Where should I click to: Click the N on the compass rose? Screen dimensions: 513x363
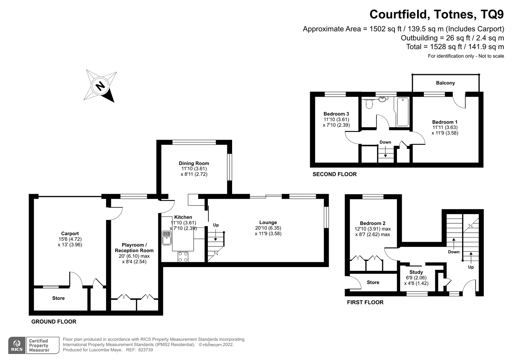coord(100,86)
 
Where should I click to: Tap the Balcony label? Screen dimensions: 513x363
coord(445,83)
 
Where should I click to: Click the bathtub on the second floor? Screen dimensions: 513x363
coord(403,112)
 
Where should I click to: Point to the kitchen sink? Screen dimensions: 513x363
coord(166,238)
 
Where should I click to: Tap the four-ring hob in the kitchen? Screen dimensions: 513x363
coord(183,256)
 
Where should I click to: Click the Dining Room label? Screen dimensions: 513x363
coord(194,163)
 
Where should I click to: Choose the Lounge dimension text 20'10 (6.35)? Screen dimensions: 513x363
coord(268,228)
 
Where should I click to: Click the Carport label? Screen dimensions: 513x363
coord(70,233)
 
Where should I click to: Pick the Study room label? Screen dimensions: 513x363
coord(416,272)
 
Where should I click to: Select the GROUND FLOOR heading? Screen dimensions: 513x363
coord(54,322)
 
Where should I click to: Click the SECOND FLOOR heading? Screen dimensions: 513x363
coord(335,174)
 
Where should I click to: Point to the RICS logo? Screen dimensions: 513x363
coord(17,345)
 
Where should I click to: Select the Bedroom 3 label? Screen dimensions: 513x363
coord(336,114)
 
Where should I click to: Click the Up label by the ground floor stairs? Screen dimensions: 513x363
coord(216,225)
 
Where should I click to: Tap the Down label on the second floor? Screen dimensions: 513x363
coord(385,142)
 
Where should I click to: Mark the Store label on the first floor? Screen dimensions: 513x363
coord(373,282)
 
